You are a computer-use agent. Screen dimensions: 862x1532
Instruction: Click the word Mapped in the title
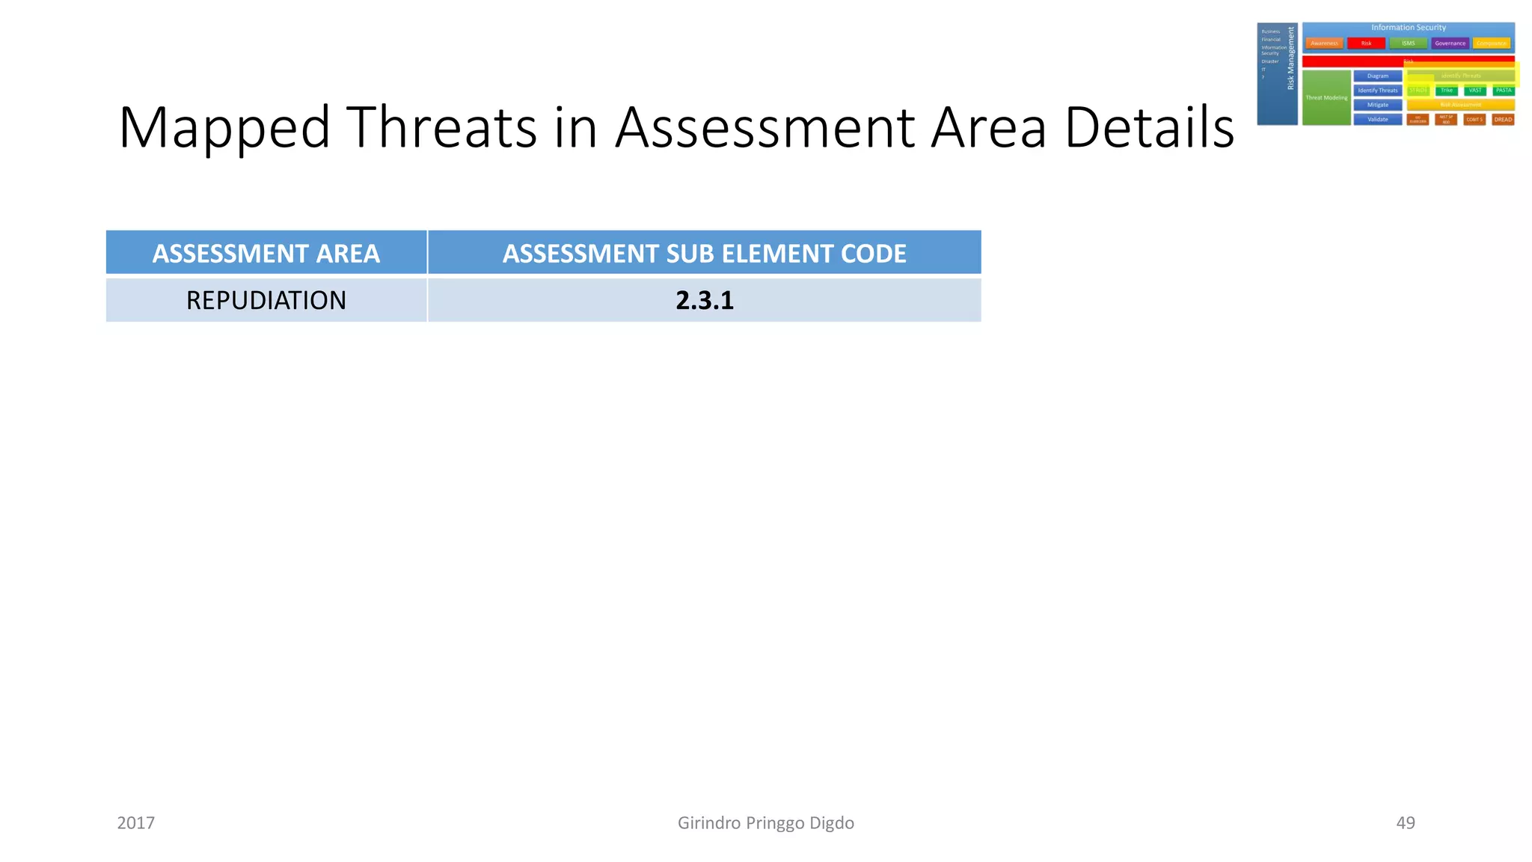tap(224, 128)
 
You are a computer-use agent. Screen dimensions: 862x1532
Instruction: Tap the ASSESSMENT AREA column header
tap(266, 254)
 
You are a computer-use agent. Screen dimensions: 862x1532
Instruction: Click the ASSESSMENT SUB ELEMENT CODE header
tap(704, 254)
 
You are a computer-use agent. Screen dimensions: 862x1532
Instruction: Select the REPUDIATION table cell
tap(266, 300)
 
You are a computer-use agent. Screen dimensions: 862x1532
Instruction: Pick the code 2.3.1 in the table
tap(704, 300)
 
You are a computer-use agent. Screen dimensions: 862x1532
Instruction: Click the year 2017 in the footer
tap(135, 823)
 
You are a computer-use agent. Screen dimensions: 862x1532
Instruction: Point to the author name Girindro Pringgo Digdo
tap(765, 823)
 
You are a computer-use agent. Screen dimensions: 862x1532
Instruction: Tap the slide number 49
tap(1405, 823)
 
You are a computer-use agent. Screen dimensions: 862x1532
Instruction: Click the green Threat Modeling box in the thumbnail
tap(1326, 98)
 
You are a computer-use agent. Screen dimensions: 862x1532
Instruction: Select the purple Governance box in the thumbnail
tap(1450, 43)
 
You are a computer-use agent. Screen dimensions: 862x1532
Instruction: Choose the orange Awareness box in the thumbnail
tap(1324, 43)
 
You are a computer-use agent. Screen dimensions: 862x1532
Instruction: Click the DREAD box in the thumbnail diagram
tap(1503, 120)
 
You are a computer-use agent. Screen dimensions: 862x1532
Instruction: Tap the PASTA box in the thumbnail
tap(1504, 91)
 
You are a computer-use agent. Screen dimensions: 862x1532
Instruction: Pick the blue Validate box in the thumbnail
tap(1377, 120)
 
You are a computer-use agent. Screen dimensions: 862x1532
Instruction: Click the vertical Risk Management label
tap(1290, 58)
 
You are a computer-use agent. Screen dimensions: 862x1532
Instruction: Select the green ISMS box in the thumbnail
tap(1408, 43)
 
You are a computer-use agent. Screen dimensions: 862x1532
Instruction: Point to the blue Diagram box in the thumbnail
tap(1377, 76)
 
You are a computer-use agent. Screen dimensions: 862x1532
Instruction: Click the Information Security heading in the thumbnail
tap(1408, 28)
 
